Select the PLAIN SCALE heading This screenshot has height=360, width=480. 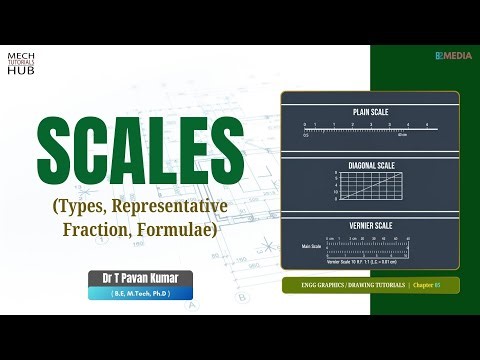369,111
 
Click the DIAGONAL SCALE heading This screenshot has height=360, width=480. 369,163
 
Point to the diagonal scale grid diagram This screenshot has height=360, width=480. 369,186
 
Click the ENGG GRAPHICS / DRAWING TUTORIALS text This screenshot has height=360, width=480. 353,286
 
